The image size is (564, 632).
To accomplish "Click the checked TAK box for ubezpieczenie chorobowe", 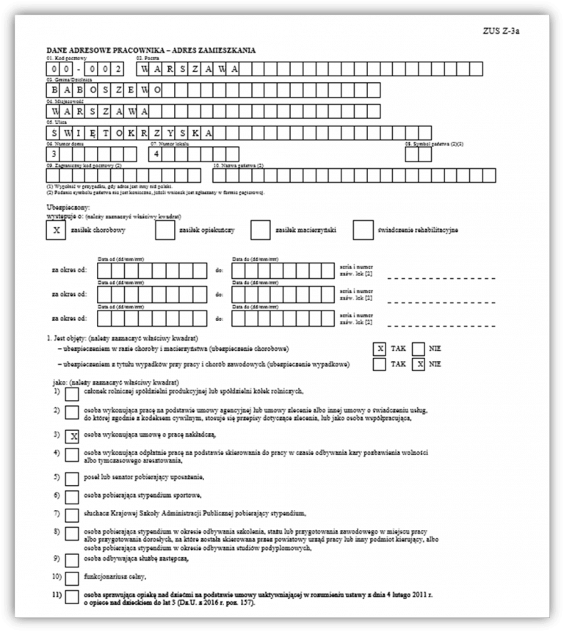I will pos(380,349).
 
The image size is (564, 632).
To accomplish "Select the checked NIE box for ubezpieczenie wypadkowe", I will pos(419,363).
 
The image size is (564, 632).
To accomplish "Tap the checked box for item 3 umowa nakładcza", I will pos(73,435).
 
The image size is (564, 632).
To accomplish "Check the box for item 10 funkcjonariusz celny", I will pos(73,576).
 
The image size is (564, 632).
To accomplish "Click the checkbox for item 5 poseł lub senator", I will pos(73,478).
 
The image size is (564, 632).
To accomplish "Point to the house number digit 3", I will pos(54,155).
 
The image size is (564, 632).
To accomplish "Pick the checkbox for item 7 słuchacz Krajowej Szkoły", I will pos(73,514).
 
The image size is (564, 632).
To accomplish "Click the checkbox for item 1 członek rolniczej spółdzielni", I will pos(73,394).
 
